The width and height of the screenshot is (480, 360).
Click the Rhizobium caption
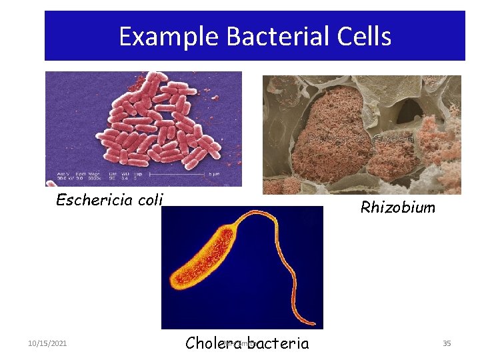(x=397, y=207)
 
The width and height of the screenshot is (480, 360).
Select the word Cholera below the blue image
(x=214, y=343)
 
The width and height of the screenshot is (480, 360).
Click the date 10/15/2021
(x=47, y=343)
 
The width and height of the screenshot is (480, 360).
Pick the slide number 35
(x=447, y=343)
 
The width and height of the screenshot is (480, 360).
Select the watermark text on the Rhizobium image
(x=360, y=139)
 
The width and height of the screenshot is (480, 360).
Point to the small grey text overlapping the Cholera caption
(x=240, y=343)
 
